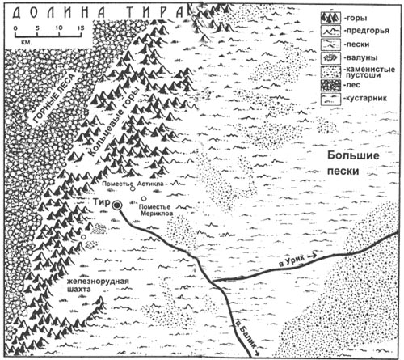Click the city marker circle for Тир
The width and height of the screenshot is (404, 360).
click(x=118, y=207)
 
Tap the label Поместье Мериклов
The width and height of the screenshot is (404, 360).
click(x=162, y=213)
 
